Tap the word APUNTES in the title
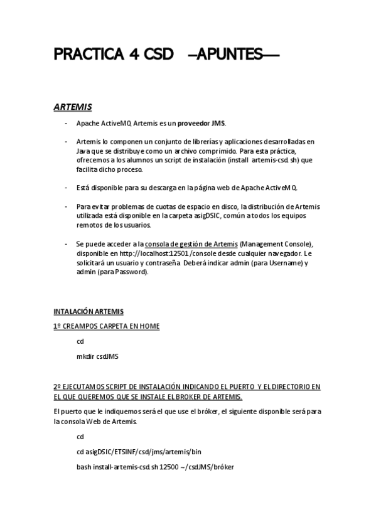[232, 55]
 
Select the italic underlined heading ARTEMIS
[73, 107]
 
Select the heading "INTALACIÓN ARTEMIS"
[89, 311]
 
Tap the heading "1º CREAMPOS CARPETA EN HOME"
[107, 326]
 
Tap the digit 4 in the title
[134, 55]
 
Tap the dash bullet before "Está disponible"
[67, 188]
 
